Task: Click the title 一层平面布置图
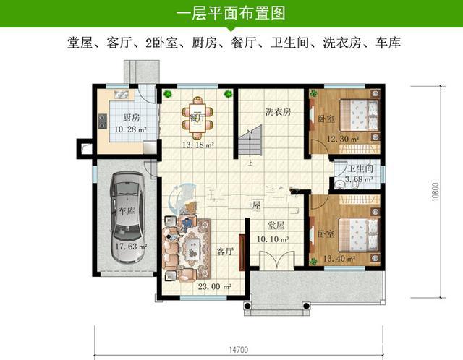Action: [x=231, y=13]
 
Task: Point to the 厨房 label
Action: [x=130, y=118]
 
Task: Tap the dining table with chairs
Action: [x=197, y=118]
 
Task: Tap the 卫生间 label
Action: [x=360, y=168]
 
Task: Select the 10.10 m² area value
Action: [x=275, y=238]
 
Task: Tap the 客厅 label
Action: [x=225, y=251]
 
